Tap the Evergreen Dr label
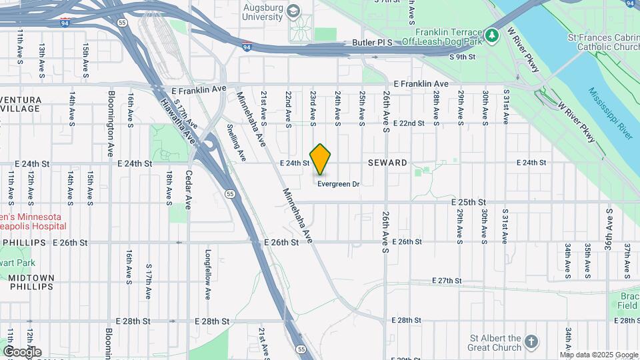click(x=339, y=184)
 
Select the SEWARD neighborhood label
click(x=387, y=163)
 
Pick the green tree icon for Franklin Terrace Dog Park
click(x=492, y=34)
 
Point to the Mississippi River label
click(x=610, y=113)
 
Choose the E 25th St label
click(x=468, y=202)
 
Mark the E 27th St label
click(x=447, y=281)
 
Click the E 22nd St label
click(x=409, y=123)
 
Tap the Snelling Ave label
click(x=235, y=141)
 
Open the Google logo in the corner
click(x=22, y=352)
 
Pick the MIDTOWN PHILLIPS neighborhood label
click(x=31, y=282)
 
